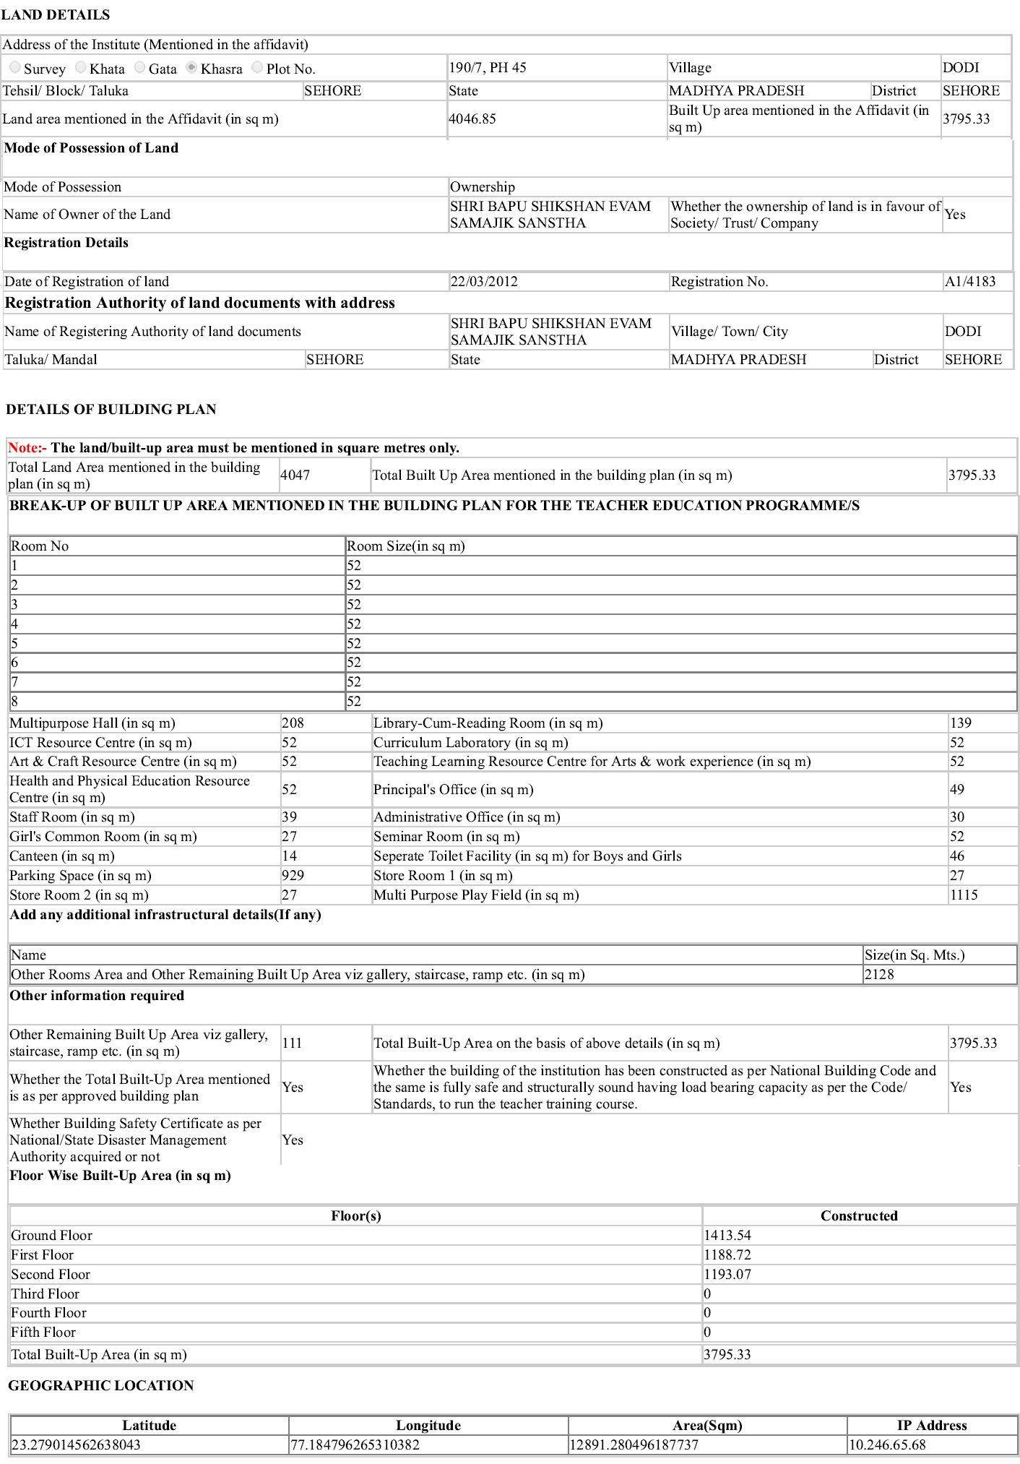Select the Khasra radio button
click(191, 67)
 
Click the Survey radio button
click(14, 67)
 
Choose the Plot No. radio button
click(257, 67)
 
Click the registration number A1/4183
click(970, 282)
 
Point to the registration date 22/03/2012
click(484, 282)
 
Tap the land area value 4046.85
click(472, 119)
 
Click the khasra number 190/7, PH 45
click(488, 68)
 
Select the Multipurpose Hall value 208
click(293, 723)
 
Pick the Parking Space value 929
click(293, 876)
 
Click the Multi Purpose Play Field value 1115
click(964, 895)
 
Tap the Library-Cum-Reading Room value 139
click(961, 723)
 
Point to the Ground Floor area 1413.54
click(727, 1236)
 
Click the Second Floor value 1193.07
click(727, 1275)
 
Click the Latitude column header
click(149, 1426)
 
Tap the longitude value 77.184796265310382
click(355, 1445)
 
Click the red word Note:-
click(27, 448)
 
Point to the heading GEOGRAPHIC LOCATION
click(101, 1386)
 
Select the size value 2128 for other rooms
click(879, 975)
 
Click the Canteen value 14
click(290, 856)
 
